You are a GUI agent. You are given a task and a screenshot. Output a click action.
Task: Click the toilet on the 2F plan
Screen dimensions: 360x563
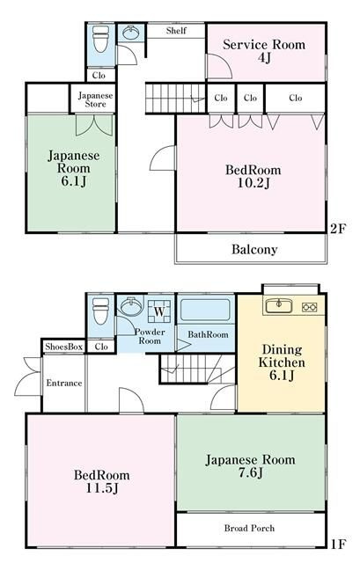click(101, 39)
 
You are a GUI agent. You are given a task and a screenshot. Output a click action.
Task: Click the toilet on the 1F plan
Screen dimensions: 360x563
click(101, 311)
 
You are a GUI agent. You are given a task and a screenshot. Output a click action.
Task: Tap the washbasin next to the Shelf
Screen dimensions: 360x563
click(131, 33)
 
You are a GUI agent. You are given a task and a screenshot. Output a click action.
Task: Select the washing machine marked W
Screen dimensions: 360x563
click(159, 311)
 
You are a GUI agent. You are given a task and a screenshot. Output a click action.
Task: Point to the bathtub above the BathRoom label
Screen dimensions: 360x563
click(205, 310)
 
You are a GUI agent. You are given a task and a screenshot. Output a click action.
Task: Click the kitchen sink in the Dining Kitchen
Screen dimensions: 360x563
click(279, 307)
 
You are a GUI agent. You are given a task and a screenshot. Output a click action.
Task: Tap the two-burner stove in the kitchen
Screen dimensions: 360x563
click(309, 307)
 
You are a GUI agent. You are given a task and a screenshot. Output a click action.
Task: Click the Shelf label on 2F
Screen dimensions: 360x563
click(176, 31)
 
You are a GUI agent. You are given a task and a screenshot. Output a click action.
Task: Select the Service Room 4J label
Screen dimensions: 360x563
click(264, 51)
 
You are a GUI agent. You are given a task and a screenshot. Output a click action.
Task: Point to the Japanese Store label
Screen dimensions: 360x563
click(95, 99)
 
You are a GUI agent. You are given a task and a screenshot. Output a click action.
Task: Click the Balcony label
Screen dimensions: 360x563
click(254, 249)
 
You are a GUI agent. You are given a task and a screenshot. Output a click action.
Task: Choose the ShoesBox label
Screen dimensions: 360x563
click(64, 347)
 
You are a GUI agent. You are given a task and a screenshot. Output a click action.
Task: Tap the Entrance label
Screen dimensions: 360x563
click(64, 384)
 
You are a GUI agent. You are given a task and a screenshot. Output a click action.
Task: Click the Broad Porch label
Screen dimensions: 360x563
click(249, 528)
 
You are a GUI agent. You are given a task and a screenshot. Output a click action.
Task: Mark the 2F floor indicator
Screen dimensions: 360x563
click(337, 229)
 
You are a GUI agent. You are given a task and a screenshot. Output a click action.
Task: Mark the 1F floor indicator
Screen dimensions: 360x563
click(338, 545)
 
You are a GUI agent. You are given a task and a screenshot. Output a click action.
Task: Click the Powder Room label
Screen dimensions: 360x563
click(150, 336)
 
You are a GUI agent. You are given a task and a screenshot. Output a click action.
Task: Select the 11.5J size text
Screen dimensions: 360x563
click(102, 488)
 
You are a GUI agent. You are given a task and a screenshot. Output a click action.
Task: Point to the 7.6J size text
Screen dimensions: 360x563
click(251, 472)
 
